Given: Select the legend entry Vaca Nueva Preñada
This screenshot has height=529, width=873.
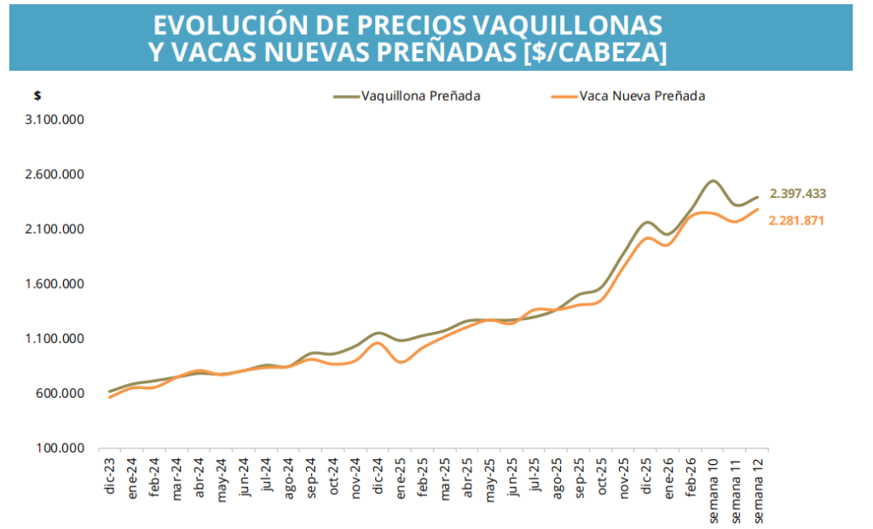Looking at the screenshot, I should click(x=641, y=96).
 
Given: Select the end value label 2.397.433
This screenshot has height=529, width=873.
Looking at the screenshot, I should click(x=798, y=194).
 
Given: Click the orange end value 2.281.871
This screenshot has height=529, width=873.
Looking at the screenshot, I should click(x=798, y=221).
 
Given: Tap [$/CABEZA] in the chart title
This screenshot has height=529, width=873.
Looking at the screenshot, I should click(x=594, y=51).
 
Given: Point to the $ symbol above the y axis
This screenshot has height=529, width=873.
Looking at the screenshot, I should click(x=38, y=95).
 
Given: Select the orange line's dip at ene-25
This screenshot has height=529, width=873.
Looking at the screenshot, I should click(x=402, y=363).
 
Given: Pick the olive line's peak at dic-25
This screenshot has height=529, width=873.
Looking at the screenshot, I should click(x=647, y=222).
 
